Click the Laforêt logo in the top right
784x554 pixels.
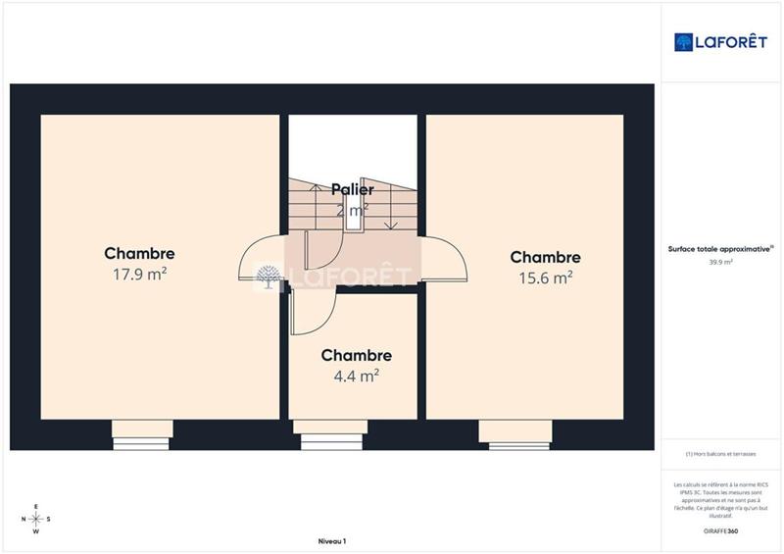click(720, 41)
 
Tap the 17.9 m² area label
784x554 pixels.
click(139, 275)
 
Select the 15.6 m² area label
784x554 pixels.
click(545, 278)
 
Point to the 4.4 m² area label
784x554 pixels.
click(356, 375)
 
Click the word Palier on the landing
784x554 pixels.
click(352, 189)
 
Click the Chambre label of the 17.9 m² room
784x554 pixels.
click(139, 254)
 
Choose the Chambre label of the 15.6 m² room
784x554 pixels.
click(545, 258)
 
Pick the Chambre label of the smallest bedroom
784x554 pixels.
click(356, 355)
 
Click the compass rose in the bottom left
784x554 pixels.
click(36, 519)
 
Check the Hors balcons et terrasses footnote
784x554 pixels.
click(720, 454)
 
